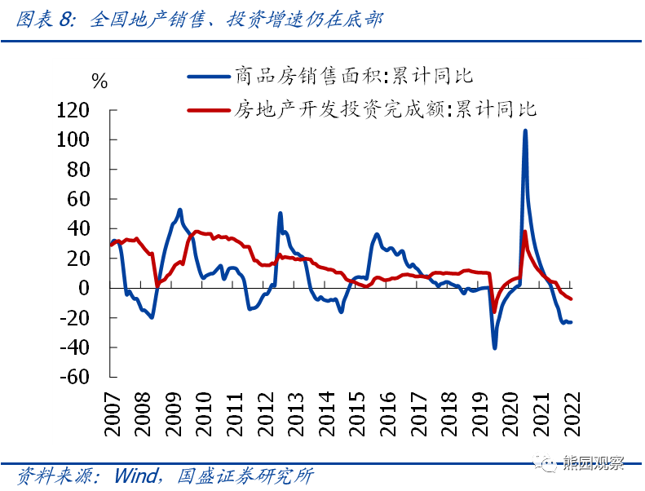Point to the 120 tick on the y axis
[x=84, y=111]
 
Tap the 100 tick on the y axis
[x=84, y=140]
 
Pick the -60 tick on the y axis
[x=84, y=377]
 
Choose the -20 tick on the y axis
[x=84, y=318]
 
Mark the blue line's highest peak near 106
[x=524, y=130]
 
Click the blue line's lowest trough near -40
[x=494, y=347]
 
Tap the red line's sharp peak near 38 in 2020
[x=524, y=232]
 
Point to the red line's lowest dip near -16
[x=494, y=312]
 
